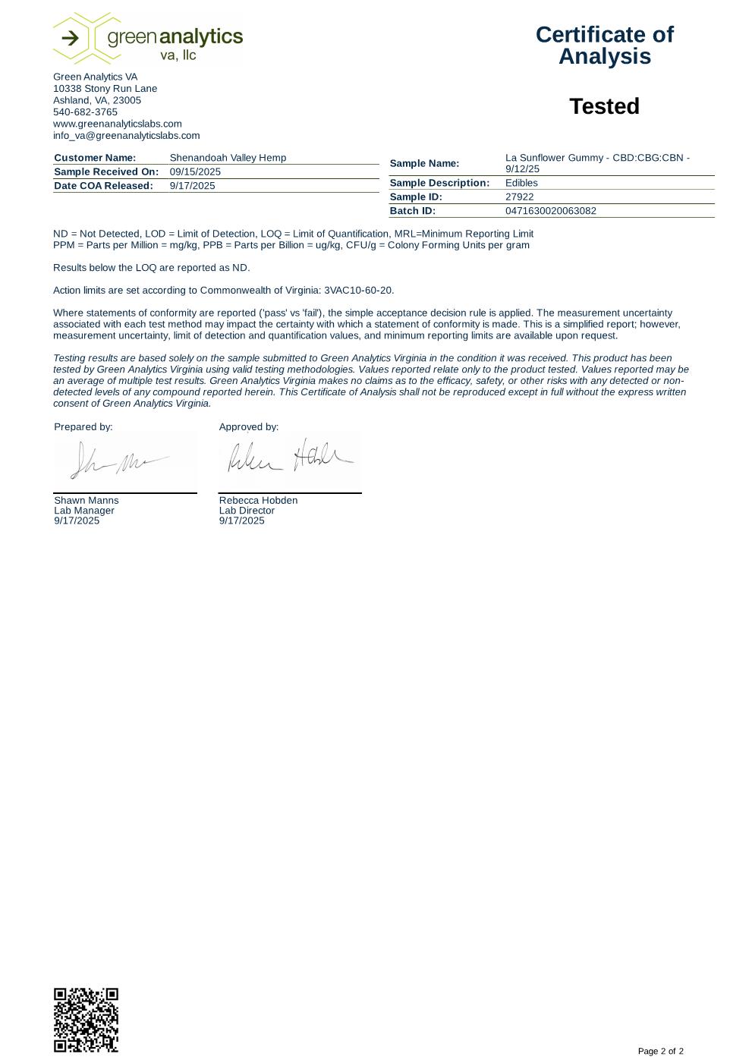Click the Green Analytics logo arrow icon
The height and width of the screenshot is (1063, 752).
[x=69, y=38]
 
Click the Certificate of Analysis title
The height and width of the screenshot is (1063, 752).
[x=604, y=46]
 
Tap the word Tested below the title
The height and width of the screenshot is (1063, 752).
[x=604, y=106]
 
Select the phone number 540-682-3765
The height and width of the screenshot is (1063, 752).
[x=85, y=112]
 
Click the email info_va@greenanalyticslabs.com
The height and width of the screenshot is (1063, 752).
[x=126, y=136]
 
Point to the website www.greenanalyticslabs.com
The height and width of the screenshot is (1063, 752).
[x=117, y=124]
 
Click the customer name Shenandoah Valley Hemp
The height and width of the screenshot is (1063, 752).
[x=228, y=158]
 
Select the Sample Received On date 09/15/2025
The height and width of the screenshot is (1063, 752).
[x=195, y=172]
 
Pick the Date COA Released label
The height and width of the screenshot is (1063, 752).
[x=103, y=186]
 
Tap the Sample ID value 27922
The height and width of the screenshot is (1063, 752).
[x=519, y=197]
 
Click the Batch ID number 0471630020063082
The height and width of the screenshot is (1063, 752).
[x=550, y=211]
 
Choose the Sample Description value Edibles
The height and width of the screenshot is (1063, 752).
[x=521, y=183]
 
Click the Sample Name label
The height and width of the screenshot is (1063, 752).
[x=424, y=164]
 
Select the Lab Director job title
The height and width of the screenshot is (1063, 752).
[x=247, y=511]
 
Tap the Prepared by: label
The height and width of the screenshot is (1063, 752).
[x=83, y=427]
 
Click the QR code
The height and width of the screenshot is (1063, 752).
[x=86, y=1020]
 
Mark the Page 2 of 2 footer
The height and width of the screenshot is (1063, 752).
[x=660, y=1051]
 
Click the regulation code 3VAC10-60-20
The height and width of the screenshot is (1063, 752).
[x=358, y=291]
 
